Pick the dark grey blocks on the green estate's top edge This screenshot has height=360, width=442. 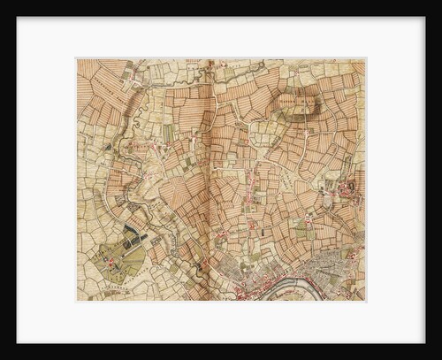pos(133,232)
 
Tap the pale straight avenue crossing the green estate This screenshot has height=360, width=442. pos(124,251)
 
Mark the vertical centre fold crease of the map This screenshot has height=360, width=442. pos(210,177)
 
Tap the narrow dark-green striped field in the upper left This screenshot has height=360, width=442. pos(168,133)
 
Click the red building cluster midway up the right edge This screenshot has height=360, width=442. pos(347,188)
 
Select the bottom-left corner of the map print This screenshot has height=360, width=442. pos(78,301)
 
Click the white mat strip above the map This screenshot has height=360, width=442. pos(221,37)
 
